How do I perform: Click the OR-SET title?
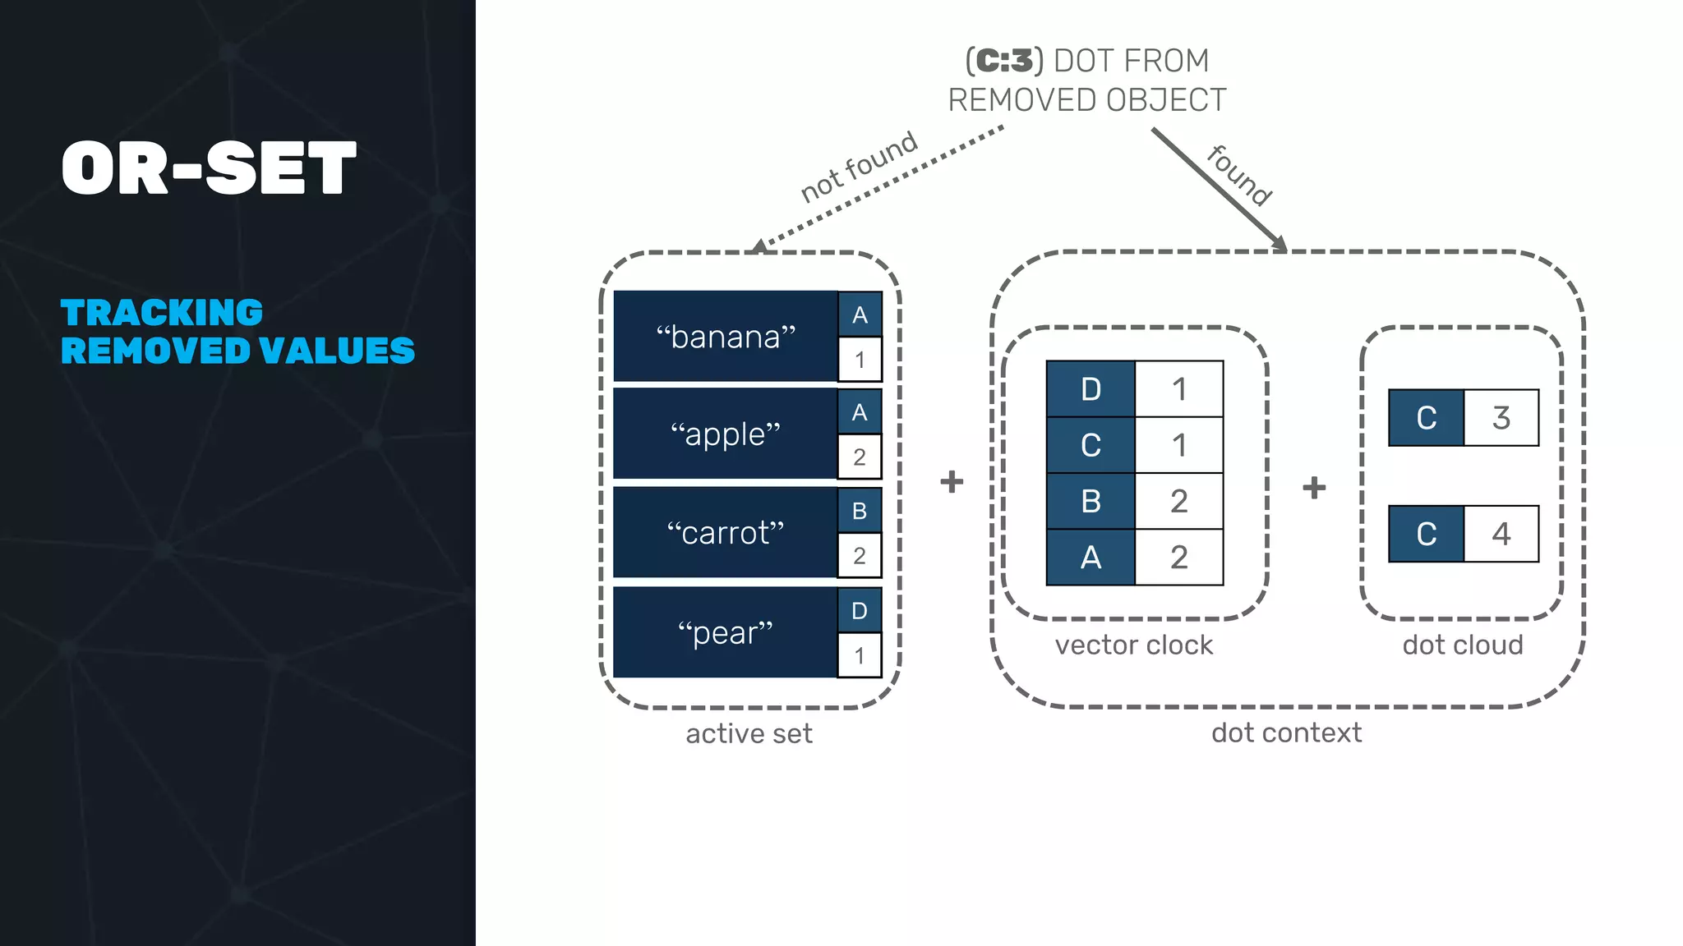pyautogui.click(x=209, y=168)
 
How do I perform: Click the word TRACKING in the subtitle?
pyautogui.click(x=162, y=313)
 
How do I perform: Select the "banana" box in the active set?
pyautogui.click(x=725, y=337)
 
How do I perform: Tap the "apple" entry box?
pyautogui.click(x=725, y=434)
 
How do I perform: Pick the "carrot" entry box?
pyautogui.click(x=725, y=533)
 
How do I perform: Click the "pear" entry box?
pyautogui.click(x=725, y=632)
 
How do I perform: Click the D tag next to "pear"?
pyautogui.click(x=860, y=611)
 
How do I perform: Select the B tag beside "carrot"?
pyautogui.click(x=860, y=511)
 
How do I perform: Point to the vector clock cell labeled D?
pyautogui.click(x=1090, y=389)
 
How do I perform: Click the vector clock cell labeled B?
pyautogui.click(x=1090, y=501)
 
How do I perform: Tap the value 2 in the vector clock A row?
pyautogui.click(x=1178, y=558)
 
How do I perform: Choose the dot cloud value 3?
pyautogui.click(x=1501, y=418)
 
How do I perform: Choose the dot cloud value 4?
pyautogui.click(x=1501, y=534)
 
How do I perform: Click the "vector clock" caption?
pyautogui.click(x=1133, y=645)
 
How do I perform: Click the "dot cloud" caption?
pyautogui.click(x=1462, y=645)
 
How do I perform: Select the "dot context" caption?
pyautogui.click(x=1286, y=732)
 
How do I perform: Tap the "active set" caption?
pyautogui.click(x=749, y=733)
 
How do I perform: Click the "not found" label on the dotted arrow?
pyautogui.click(x=858, y=167)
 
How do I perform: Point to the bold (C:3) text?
pyautogui.click(x=1004, y=61)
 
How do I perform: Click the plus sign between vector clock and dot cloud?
pyautogui.click(x=1314, y=488)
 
